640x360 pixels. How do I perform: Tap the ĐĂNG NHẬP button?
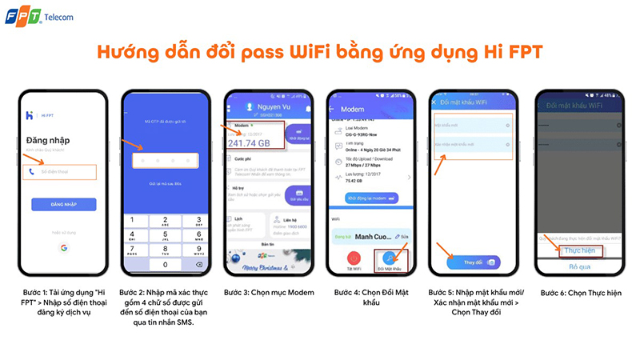coord(63,204)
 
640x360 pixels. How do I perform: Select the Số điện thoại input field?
coord(63,171)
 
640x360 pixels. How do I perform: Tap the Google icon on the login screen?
coord(63,248)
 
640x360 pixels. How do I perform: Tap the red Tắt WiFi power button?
coord(353,258)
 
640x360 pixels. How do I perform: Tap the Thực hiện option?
coord(578,250)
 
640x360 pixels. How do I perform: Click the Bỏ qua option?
coord(578,267)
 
